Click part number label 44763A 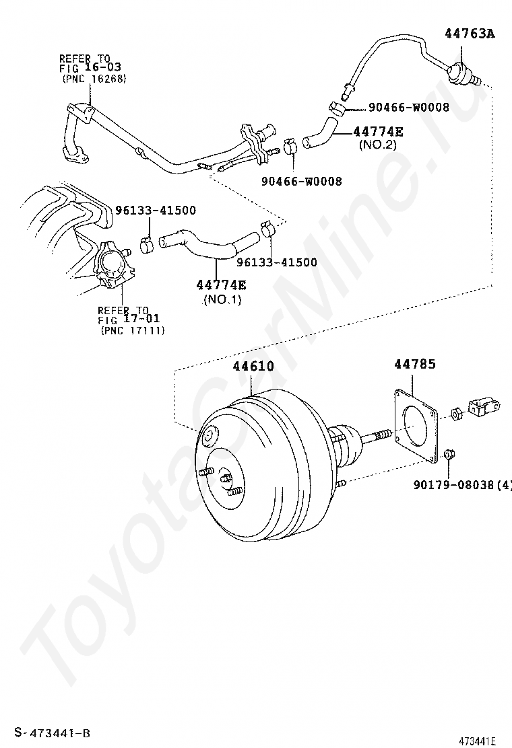point(470,34)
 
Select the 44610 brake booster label point(253,366)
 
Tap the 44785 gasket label point(414,364)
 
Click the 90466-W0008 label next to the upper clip point(408,108)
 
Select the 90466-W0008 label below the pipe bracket point(301,181)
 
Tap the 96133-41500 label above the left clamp point(155,211)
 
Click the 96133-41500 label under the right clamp point(276,262)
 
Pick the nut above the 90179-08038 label point(449,454)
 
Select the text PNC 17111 point(132,330)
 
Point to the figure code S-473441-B point(52,733)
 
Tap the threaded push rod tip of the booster point(381,434)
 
